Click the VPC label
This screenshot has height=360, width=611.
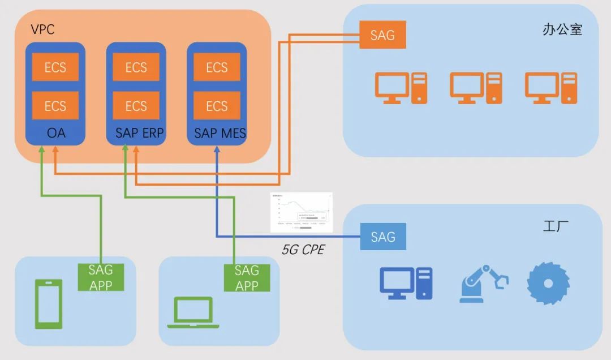[x=42, y=29]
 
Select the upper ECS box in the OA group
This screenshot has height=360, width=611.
[x=55, y=67]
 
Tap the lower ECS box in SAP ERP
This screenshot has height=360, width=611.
[x=136, y=106]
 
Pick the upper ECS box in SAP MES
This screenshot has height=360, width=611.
[x=217, y=67]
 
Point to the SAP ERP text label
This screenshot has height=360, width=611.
[x=136, y=134]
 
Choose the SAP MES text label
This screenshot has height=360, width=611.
[x=217, y=134]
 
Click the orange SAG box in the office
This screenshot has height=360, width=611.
[x=383, y=35]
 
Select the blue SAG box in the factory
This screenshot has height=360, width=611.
[x=383, y=237]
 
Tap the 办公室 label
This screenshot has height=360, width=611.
[x=562, y=30]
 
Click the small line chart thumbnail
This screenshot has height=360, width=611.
[x=301, y=212]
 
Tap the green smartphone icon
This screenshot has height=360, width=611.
[x=48, y=304]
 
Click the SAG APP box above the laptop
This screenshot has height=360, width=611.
[x=247, y=278]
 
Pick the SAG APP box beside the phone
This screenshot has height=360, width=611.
[x=101, y=277]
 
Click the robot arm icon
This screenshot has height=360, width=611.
[x=483, y=282]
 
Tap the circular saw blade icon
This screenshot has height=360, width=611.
[x=548, y=282]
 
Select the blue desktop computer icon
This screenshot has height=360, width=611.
[x=405, y=283]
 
